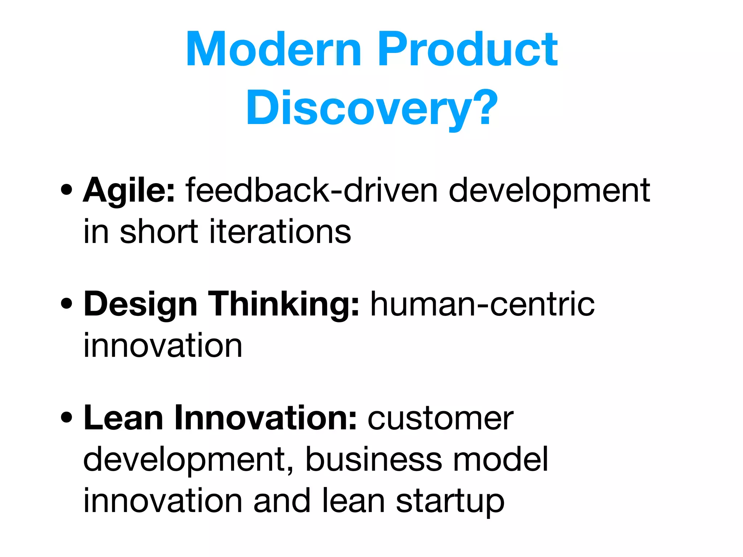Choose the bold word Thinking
pyautogui.click(x=283, y=305)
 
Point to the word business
pyautogui.click(x=374, y=459)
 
